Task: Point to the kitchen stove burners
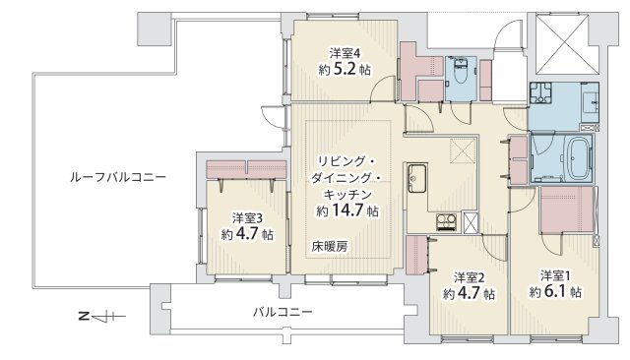446,222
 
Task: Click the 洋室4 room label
341,54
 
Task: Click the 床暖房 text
330,246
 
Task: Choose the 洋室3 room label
247,217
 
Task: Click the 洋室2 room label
468,276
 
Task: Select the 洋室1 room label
554,274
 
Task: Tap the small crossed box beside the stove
471,222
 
